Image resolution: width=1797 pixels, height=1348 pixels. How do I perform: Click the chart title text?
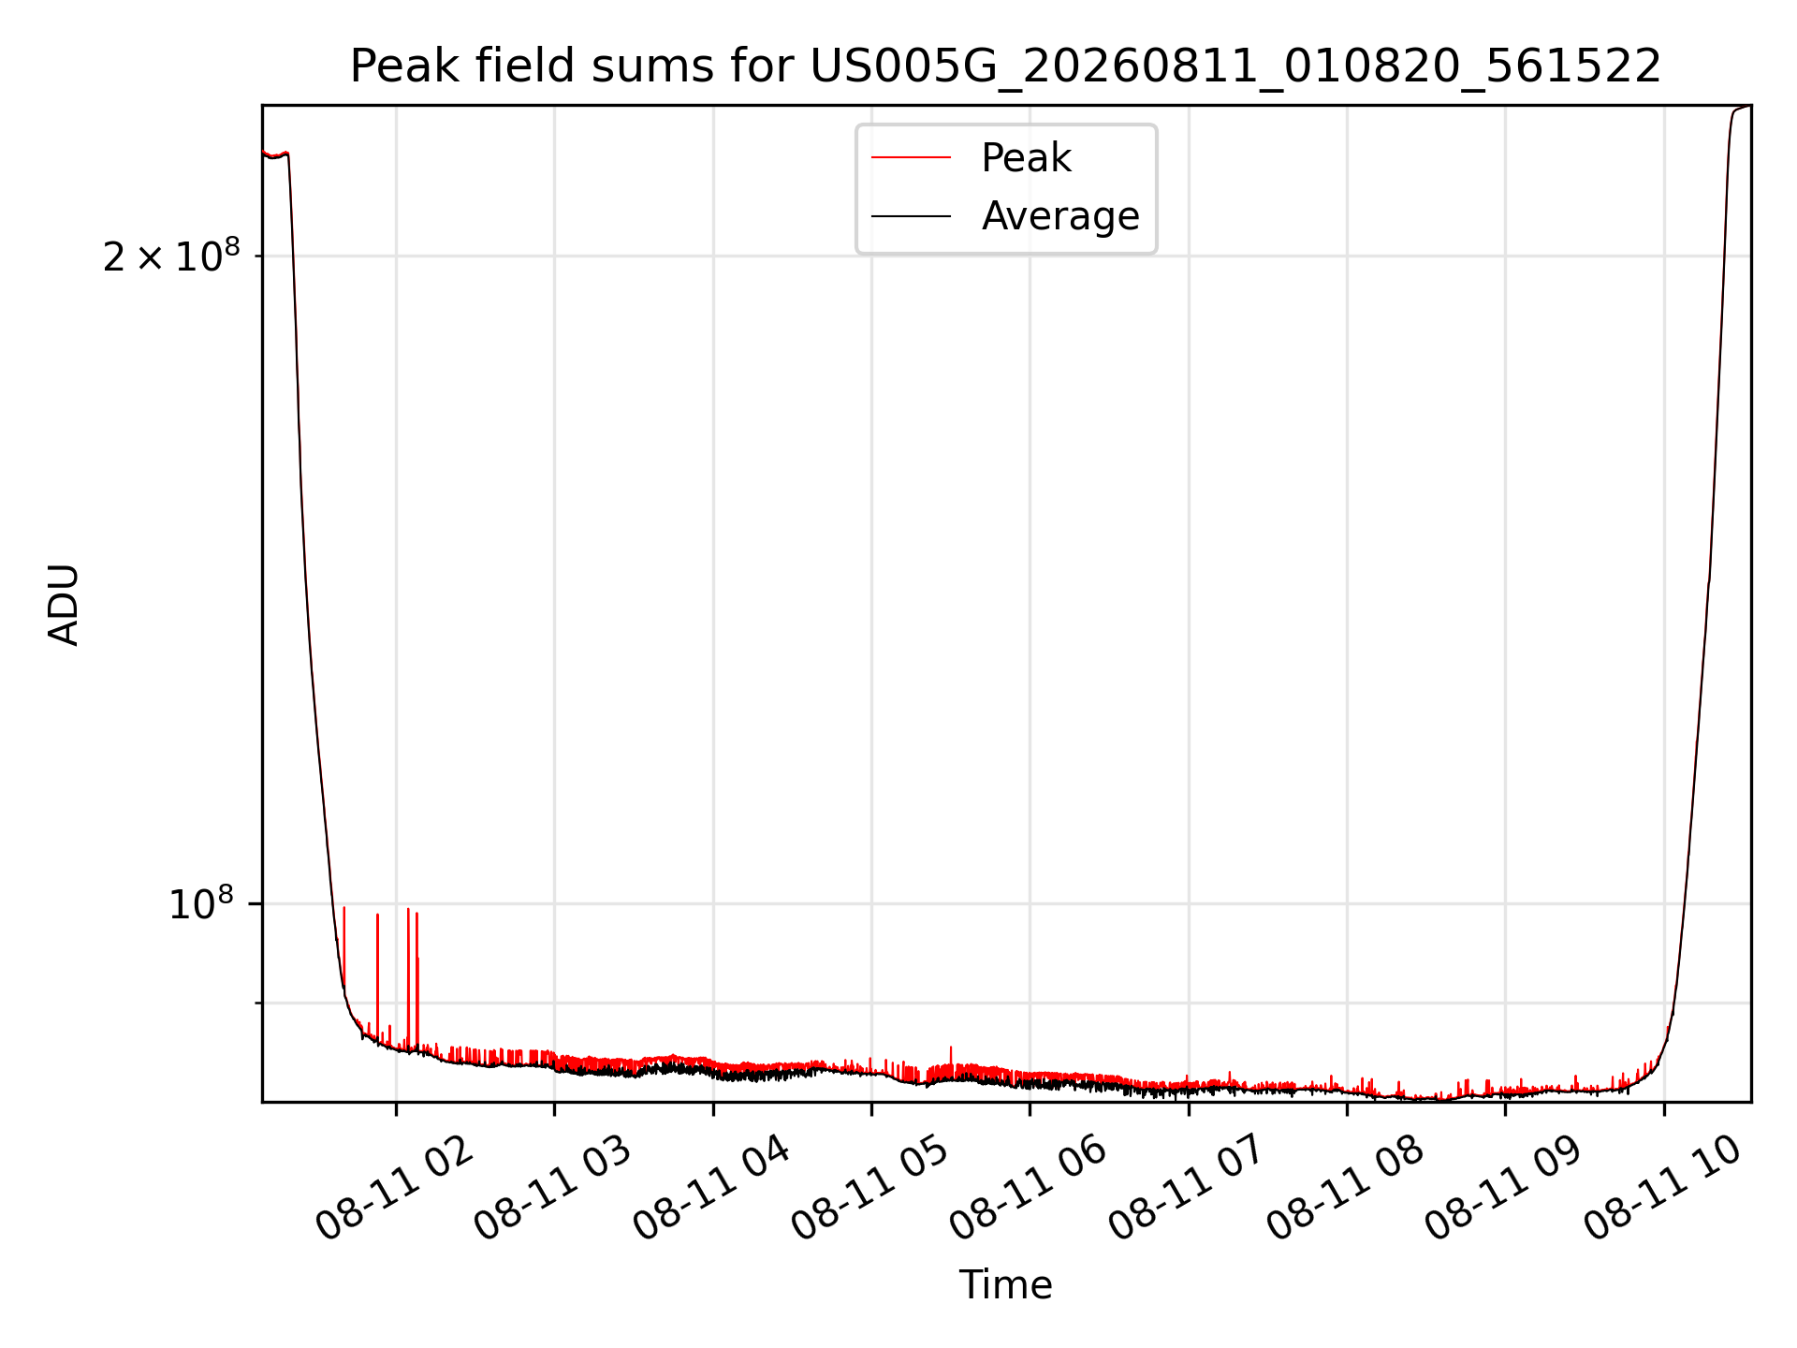pos(1005,66)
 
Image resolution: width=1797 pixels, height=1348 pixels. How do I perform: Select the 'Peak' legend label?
pos(1026,158)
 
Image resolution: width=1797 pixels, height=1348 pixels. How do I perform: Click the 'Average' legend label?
pos(1060,216)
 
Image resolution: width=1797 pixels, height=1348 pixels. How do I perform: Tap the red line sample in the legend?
pos(911,157)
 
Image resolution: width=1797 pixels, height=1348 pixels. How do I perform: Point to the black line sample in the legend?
pos(911,216)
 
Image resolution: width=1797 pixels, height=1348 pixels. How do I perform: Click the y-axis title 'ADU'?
pos(64,605)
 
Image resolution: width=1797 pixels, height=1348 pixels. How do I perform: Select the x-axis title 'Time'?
pos(1005,1285)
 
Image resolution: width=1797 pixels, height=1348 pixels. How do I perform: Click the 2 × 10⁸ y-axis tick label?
pos(171,255)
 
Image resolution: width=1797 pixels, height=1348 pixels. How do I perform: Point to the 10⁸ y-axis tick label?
pos(200,903)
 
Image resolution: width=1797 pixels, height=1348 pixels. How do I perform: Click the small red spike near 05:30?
pos(951,1058)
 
